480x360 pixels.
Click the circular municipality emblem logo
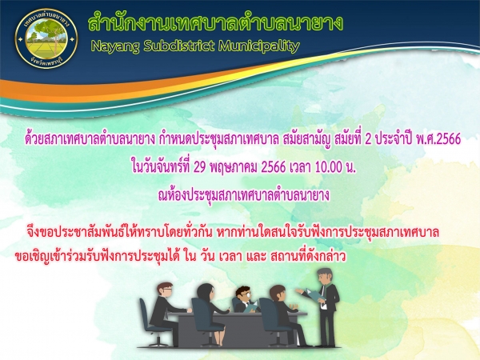[x=46, y=39]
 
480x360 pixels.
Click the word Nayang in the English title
[x=115, y=46]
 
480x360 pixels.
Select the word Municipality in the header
[x=258, y=46]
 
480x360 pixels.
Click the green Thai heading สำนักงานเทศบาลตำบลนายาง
[x=215, y=22]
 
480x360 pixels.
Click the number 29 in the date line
[x=199, y=167]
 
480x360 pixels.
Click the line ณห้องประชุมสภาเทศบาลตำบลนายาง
[x=244, y=195]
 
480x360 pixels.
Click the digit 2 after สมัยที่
[x=368, y=139]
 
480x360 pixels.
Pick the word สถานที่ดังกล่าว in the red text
[x=308, y=257]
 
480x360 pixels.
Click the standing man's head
[x=325, y=275]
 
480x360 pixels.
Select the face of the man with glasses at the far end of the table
[x=244, y=295]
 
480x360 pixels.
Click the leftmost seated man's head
[x=165, y=290]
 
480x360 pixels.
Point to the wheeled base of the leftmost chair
[x=158, y=342]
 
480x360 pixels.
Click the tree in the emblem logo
[x=46, y=33]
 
